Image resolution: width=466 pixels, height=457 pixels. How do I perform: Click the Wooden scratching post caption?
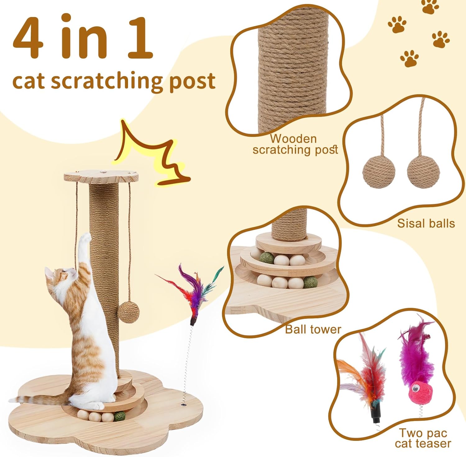295,144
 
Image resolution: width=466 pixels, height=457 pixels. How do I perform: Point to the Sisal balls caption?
426,224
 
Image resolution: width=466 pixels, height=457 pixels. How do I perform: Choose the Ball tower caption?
313,329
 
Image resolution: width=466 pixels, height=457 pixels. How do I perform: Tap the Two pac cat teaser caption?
423,438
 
